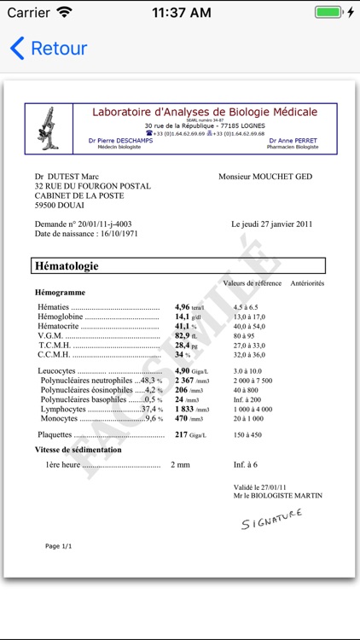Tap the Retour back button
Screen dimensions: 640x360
[49, 49]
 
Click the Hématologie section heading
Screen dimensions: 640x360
[67, 266]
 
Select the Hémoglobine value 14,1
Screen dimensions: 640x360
[182, 317]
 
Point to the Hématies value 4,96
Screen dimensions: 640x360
[182, 307]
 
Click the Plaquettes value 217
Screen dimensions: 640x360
[181, 434]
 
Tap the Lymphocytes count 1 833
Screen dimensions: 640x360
[185, 409]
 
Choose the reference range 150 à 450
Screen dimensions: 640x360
[248, 435]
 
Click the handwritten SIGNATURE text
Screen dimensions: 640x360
[271, 518]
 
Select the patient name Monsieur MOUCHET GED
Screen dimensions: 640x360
[265, 177]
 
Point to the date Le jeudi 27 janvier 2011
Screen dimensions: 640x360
[271, 224]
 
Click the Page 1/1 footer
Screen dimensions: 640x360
[59, 546]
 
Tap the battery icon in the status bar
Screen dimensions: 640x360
[328, 13]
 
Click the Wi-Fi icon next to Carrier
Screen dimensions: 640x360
[65, 13]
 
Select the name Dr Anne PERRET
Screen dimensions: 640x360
[293, 141]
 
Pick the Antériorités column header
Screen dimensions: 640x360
[307, 283]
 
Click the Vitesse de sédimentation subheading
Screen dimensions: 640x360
[78, 450]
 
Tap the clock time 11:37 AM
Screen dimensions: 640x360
[181, 13]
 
